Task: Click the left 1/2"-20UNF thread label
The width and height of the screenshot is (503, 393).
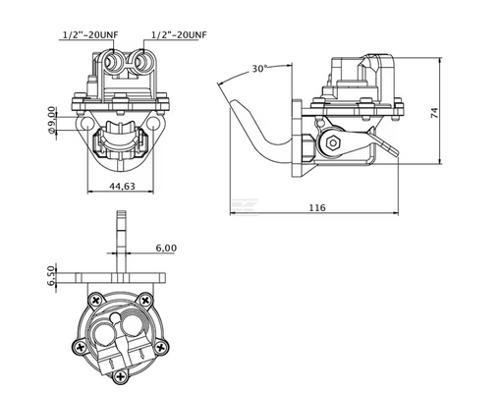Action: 90,34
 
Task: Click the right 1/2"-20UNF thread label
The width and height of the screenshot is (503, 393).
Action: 179,34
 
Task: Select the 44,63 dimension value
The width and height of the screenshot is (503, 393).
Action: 122,186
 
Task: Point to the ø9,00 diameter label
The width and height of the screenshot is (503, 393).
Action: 52,120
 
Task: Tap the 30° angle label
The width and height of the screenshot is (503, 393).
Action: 260,69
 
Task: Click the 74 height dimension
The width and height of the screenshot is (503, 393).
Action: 434,113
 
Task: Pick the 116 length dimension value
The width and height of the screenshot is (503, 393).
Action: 317,207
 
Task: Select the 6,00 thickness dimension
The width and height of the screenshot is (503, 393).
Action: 166,248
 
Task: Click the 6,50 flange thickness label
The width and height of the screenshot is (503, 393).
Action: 51,275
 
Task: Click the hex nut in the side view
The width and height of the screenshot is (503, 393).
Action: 333,142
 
